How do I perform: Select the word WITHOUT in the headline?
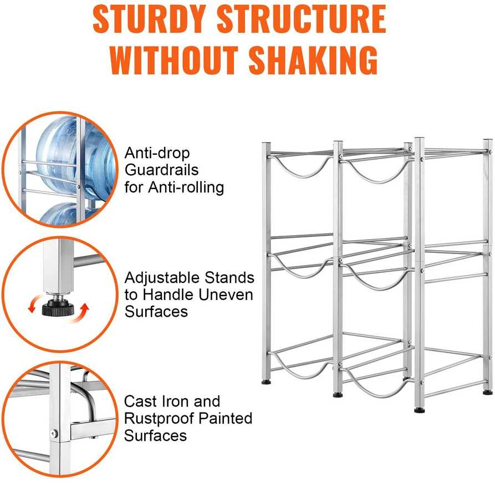click(174, 60)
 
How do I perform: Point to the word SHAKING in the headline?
click(313, 60)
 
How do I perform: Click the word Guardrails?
click(161, 170)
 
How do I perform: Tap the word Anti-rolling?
click(186, 187)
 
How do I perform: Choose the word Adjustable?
click(162, 278)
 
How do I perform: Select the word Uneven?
click(226, 294)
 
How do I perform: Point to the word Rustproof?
click(159, 419)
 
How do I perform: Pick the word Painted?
click(225, 418)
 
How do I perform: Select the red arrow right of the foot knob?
click(81, 313)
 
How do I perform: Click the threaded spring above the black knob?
click(58, 297)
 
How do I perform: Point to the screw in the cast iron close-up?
click(55, 434)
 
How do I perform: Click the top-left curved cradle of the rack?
click(302, 167)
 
